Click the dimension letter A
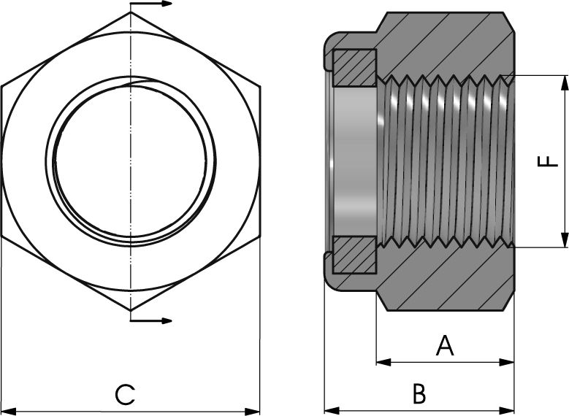445,346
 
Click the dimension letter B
419,393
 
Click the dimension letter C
125,395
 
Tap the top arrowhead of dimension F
564,83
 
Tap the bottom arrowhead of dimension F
564,240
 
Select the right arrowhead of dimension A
507,361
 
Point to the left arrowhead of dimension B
332,411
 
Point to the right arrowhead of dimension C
253,412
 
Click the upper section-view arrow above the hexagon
151,4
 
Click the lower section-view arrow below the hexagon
151,320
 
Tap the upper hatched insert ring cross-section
354,68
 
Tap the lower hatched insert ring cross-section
354,255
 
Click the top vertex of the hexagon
131,12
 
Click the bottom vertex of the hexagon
131,311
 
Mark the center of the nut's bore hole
131,162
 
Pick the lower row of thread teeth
446,242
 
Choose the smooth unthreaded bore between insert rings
354,161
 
